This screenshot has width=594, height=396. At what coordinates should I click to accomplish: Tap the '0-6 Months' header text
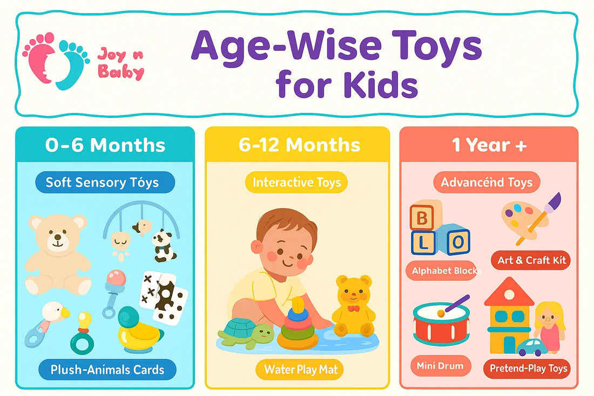(105, 145)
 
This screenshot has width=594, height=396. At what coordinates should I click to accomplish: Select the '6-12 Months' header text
(299, 145)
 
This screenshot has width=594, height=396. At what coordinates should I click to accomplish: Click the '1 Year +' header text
(489, 145)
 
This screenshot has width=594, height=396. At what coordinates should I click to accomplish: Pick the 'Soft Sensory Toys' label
(102, 182)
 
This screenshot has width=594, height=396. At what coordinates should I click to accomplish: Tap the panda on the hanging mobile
(163, 244)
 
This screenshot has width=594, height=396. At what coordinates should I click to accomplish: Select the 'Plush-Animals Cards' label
(107, 370)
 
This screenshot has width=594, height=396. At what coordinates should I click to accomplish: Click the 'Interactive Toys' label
(296, 183)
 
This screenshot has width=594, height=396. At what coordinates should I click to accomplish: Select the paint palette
(521, 219)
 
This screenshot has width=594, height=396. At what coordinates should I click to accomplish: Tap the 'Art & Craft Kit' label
(531, 260)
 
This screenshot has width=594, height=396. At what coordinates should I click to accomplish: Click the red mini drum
(441, 324)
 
